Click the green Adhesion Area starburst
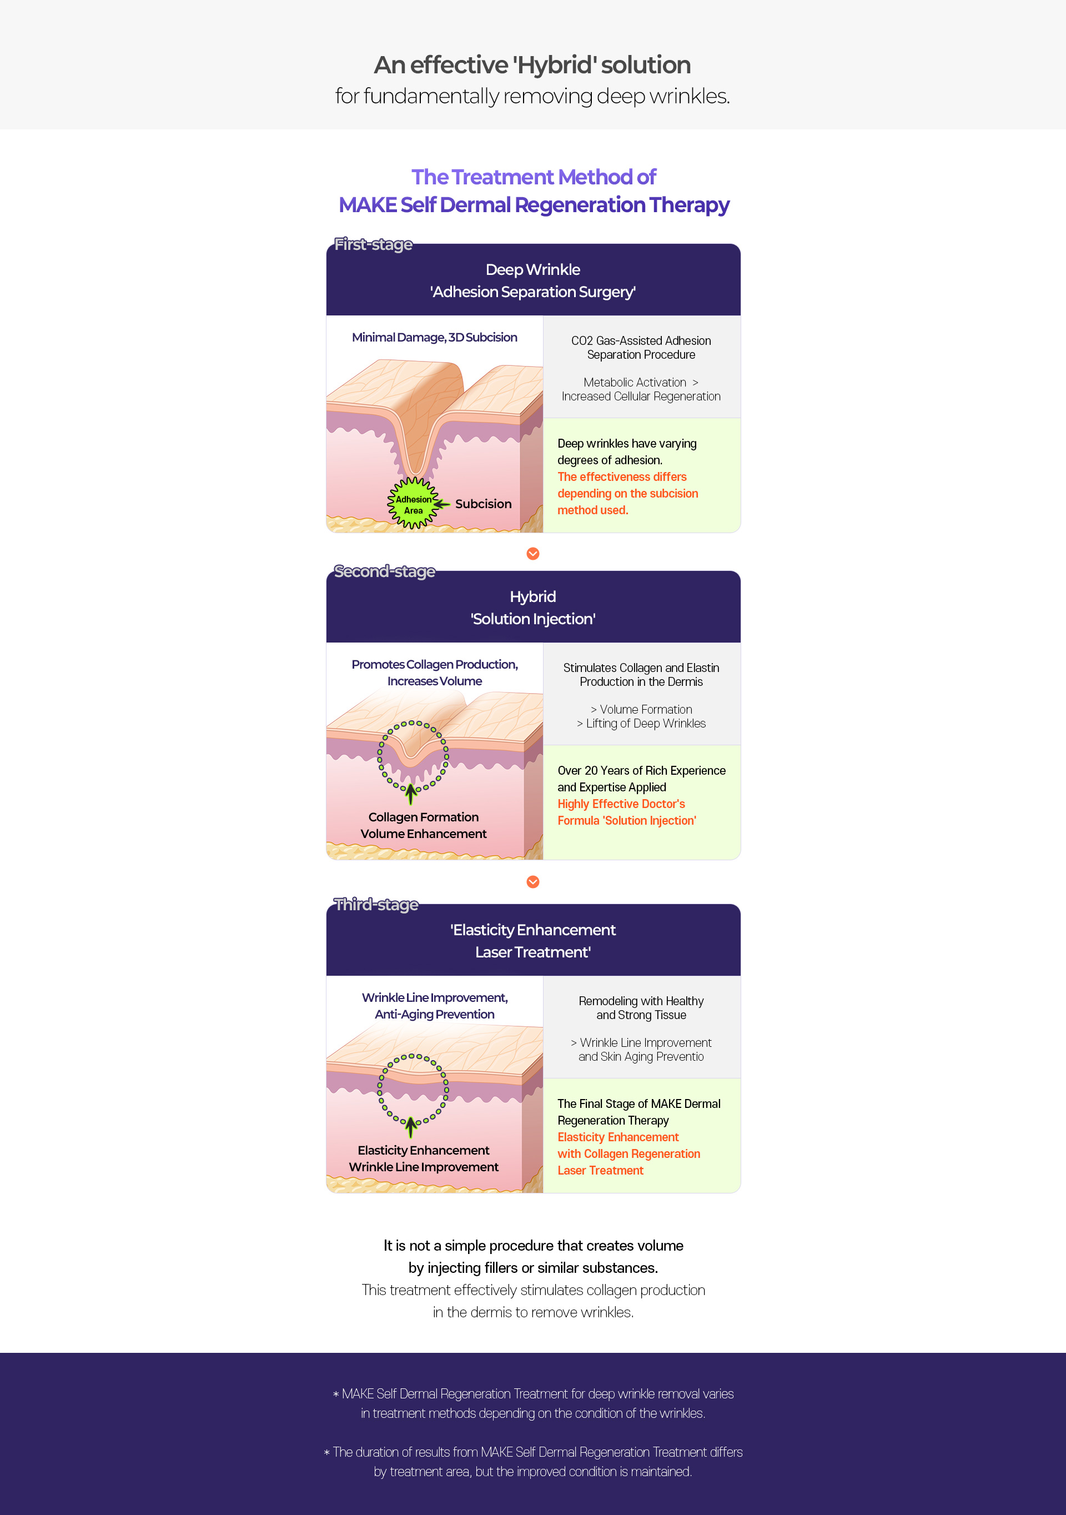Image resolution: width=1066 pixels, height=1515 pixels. pos(413,504)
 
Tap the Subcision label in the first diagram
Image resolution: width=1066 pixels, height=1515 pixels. pos(483,504)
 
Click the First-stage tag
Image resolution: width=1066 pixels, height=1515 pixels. pos(373,244)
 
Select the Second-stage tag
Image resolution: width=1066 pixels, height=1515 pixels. pos(385,571)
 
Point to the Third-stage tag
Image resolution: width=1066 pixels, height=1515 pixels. pos(376,905)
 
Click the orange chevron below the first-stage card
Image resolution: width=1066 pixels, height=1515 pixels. pos(533,554)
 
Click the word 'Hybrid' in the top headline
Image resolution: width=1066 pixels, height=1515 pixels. pos(555,66)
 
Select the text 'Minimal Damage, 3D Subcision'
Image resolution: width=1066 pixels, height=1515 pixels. pos(434,337)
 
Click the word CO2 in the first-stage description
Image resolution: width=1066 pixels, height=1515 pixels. pos(582,340)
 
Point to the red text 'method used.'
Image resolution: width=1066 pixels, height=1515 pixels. pos(592,510)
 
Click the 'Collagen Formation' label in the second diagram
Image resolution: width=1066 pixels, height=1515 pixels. pos(424,817)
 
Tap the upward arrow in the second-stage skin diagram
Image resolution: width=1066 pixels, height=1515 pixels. pos(411,794)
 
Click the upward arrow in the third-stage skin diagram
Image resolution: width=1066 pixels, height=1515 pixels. pos(411,1127)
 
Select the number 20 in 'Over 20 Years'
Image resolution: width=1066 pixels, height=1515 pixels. pos(591,771)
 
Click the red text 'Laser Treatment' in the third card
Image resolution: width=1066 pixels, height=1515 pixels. pos(600,1171)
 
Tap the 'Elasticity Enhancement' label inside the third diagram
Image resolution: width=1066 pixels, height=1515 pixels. pos(424,1150)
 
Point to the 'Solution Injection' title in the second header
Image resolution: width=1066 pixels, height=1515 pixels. pos(533,619)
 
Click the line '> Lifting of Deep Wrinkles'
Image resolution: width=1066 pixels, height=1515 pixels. pos(641,723)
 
